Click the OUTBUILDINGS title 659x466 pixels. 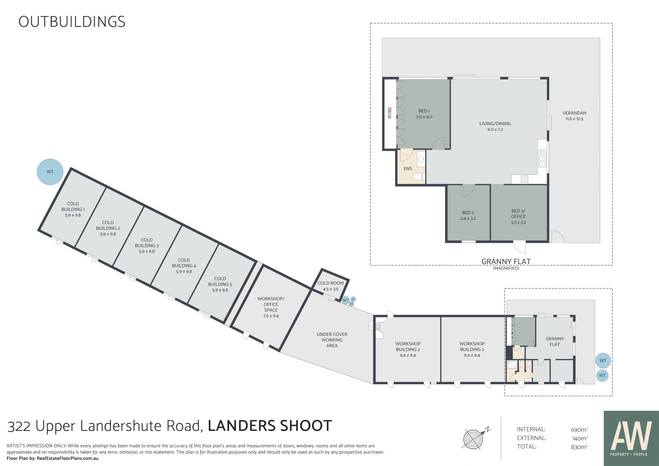click(x=72, y=22)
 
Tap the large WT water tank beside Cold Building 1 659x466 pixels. click(x=50, y=172)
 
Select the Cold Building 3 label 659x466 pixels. click(x=147, y=246)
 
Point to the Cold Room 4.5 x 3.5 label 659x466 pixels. click(x=331, y=286)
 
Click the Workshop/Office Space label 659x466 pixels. click(x=271, y=307)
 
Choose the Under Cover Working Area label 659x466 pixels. click(x=332, y=340)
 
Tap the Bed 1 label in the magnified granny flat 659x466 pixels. click(x=424, y=114)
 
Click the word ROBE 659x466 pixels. click(x=390, y=113)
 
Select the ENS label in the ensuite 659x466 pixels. click(x=408, y=169)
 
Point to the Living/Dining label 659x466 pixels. click(x=495, y=126)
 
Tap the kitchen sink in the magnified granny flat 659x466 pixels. click(x=542, y=158)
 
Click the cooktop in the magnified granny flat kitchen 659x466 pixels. click(x=524, y=179)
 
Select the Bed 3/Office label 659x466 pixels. click(x=518, y=216)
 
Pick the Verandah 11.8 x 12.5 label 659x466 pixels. click(x=574, y=116)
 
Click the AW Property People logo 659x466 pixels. click(x=631, y=438)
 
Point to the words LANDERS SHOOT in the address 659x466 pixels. click(x=270, y=426)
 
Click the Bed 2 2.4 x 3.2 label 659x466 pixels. click(x=468, y=215)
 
